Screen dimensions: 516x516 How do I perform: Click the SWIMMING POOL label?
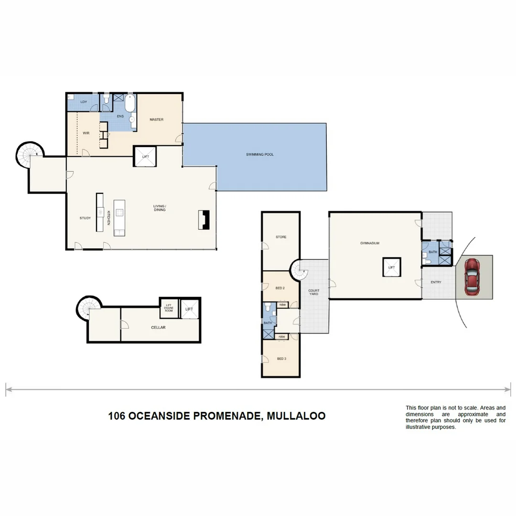pos(260,154)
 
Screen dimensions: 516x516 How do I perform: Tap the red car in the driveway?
pos(472,276)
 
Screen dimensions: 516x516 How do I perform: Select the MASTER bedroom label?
pos(156,119)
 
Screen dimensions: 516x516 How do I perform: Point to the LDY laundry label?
pos(84,102)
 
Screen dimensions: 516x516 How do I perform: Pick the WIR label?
pos(86,133)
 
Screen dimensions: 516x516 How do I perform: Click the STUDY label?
pos(85,218)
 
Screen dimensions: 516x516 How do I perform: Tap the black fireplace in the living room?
pos(204,220)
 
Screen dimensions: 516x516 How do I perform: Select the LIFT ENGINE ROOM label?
pos(168,308)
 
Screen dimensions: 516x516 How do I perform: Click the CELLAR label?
pos(158,327)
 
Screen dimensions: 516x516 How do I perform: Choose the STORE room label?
pos(281,237)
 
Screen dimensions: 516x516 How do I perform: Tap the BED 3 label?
pos(281,358)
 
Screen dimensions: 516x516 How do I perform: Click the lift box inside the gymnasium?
pos(391,267)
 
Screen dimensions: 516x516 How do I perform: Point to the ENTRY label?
pos(436,282)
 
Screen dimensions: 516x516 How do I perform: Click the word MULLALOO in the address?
pos(296,416)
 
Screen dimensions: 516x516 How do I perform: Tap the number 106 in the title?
pos(117,416)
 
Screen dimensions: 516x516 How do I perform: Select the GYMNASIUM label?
pos(369,243)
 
